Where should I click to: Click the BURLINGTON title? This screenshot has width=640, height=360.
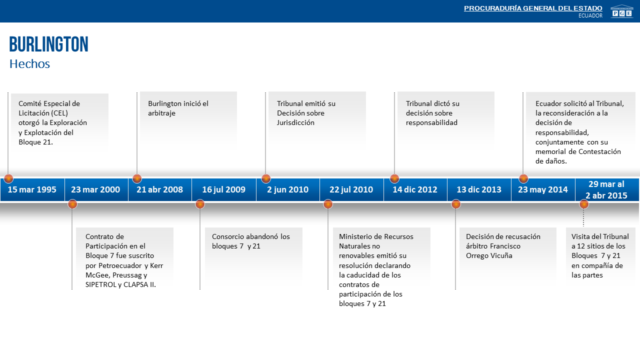pos(49,44)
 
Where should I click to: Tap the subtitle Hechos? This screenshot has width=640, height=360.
pos(29,63)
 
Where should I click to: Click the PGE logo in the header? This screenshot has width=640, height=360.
pos(621,11)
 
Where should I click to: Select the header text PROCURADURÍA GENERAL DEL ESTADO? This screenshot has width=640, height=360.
pos(533,8)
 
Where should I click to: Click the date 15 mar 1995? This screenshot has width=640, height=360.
pos(32,189)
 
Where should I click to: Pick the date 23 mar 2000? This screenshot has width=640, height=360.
pos(95,189)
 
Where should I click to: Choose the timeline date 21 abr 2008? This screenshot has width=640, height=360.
pos(159,189)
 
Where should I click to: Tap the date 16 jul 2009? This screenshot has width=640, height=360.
pos(223,189)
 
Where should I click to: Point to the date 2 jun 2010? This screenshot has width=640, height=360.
pos(287,189)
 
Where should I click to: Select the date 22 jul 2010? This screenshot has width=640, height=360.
pos(351,189)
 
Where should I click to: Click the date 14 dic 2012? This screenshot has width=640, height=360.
pos(415,189)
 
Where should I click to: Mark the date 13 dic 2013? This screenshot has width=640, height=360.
pos(479,189)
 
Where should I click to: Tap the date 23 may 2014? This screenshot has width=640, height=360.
pos(543,189)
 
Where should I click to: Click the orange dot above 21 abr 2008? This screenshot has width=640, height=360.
pos(137,178)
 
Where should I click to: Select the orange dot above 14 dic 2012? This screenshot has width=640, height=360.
pos(394,178)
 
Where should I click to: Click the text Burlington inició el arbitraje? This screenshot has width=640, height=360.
pos(178,108)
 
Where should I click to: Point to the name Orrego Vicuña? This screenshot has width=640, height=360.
pos(489,255)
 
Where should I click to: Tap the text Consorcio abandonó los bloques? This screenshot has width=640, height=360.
pos(251,241)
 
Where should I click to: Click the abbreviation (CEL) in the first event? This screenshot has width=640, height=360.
pos(59,113)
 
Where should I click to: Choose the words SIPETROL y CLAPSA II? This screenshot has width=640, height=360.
pos(120,284)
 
